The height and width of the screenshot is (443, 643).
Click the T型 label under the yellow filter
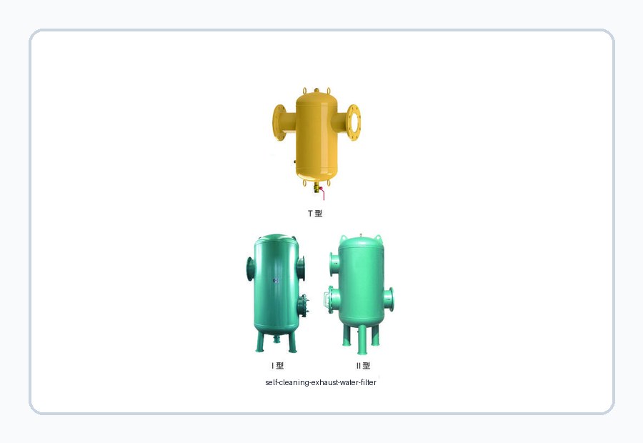coord(315,214)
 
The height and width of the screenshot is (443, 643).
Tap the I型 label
coord(278,366)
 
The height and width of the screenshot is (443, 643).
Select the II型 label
coord(364,366)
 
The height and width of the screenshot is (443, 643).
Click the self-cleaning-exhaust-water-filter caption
coord(321,382)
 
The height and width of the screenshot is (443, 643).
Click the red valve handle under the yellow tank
coord(322,194)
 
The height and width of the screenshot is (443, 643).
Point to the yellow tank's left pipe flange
coord(279,122)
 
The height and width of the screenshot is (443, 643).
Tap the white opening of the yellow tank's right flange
coord(354,123)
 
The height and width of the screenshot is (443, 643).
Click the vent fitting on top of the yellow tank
coord(316,90)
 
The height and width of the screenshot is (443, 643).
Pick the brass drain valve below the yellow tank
coord(316,187)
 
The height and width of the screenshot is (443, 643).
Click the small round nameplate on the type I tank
coord(276,281)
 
